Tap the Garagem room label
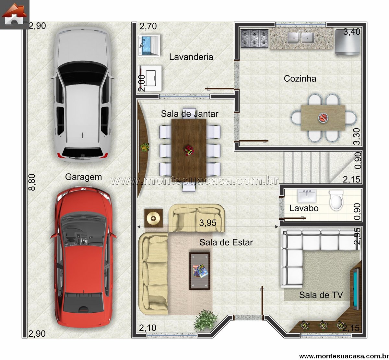[83, 177]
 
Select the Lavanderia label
[191, 57]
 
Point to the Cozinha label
[300, 79]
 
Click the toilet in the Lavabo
[336, 200]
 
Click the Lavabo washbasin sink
[307, 196]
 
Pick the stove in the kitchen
[254, 38]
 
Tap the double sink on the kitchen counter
[301, 38]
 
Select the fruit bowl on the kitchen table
[323, 118]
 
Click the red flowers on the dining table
[189, 150]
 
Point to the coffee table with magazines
[200, 271]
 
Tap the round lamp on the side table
[153, 218]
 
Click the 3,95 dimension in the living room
[207, 223]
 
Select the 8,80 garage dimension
[32, 182]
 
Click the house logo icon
[15, 15]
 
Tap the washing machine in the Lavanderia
[150, 78]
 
